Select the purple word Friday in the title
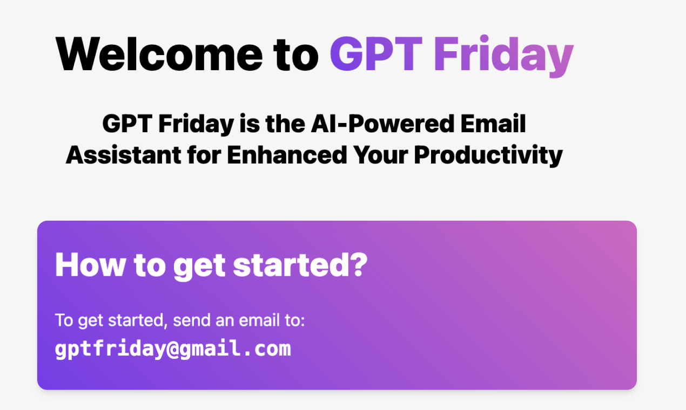[x=503, y=55]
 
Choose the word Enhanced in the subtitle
[x=287, y=155]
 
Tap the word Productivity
[x=488, y=155]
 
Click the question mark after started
[x=360, y=264]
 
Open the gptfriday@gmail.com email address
[x=173, y=348]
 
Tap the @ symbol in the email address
[x=172, y=348]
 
